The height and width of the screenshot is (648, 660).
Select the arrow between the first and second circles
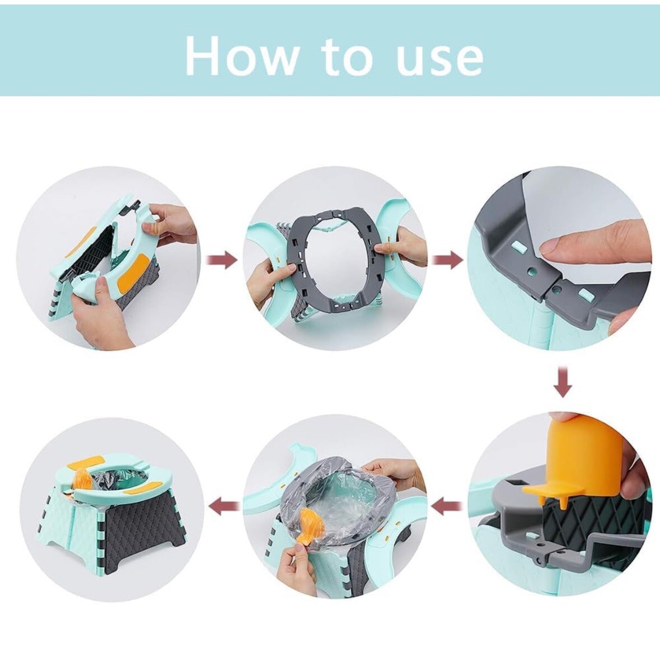[x=223, y=260]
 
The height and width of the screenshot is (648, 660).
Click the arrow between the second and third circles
[x=448, y=260]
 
